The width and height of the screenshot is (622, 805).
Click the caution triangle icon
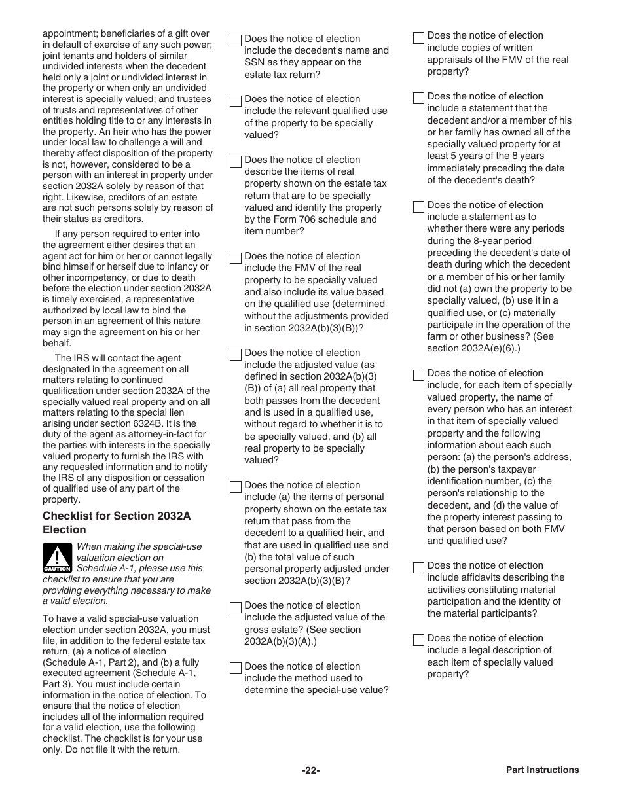point(57,558)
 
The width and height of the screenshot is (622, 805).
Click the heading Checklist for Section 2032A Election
point(117,523)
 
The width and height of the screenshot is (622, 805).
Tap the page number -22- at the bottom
point(310,770)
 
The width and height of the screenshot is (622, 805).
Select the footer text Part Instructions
point(542,770)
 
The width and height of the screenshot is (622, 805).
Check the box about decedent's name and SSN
point(236,41)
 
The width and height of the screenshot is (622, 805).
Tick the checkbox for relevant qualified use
point(236,101)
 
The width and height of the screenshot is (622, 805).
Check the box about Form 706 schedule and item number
point(236,162)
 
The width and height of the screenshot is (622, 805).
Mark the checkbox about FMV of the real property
point(236,258)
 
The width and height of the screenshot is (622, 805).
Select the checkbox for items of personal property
point(236,487)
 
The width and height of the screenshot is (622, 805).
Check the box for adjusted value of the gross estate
point(236,607)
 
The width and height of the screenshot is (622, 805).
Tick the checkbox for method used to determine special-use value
point(236,668)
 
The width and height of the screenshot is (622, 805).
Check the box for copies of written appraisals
point(418,37)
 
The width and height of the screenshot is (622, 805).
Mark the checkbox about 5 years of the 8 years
point(418,98)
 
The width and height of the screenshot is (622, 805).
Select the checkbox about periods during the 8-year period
point(418,207)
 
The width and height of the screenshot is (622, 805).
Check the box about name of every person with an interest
point(418,375)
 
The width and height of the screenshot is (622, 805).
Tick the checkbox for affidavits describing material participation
point(418,567)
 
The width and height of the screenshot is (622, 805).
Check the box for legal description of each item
point(418,640)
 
